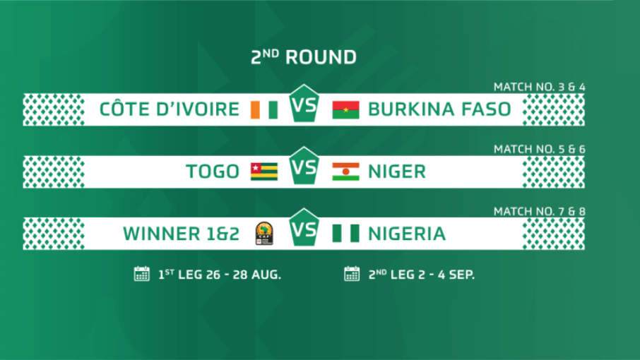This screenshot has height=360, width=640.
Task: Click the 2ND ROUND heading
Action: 304,57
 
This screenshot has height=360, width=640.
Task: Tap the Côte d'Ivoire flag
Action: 264,109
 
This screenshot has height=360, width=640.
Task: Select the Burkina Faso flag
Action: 345,109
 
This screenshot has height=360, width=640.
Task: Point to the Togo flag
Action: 264,172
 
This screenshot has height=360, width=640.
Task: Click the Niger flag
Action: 345,172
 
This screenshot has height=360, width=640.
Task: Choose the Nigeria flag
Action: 345,234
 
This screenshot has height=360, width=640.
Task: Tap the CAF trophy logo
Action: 264,234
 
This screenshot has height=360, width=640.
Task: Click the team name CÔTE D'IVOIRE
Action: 170,109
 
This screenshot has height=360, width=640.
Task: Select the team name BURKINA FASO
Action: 439,109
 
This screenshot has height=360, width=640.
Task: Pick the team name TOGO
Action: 213,172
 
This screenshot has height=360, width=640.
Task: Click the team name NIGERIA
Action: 407,234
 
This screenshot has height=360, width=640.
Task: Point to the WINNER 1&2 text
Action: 182,234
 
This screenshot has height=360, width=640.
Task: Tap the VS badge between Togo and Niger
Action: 304,166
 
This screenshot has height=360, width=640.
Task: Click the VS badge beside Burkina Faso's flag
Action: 304,104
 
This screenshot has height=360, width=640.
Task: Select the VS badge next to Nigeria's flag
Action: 304,228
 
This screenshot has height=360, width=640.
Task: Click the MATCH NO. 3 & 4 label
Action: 539,87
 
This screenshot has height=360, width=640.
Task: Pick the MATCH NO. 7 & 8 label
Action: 539,211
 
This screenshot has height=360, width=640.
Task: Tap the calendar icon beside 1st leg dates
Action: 141,274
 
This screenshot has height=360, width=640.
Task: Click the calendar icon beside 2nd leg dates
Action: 352,274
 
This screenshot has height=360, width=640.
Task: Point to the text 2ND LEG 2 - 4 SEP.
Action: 422,275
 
